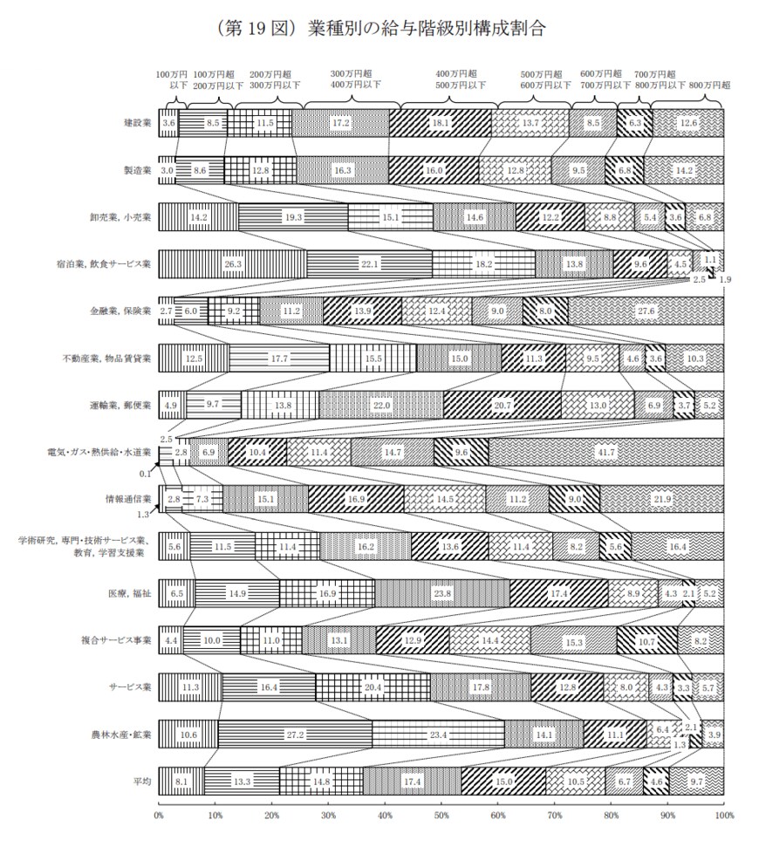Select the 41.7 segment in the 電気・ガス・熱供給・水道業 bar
click(x=605, y=452)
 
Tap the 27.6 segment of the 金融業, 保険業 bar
click(x=646, y=311)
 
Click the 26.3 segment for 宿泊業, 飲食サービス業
click(x=233, y=263)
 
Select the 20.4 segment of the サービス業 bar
click(x=373, y=687)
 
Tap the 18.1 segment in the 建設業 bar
click(x=441, y=123)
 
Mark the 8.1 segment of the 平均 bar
click(x=181, y=782)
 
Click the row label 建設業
click(x=138, y=123)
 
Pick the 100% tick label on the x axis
click(x=722, y=815)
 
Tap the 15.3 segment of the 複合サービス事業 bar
click(x=573, y=640)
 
